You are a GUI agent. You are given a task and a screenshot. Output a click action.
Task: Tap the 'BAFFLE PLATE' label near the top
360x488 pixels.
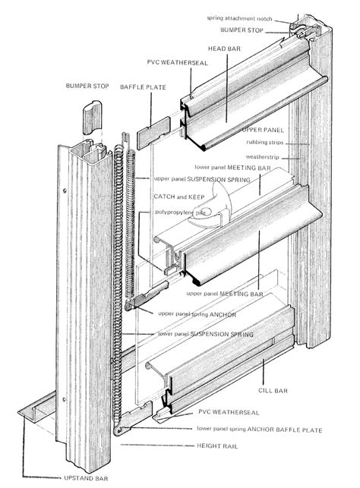pos(137,88)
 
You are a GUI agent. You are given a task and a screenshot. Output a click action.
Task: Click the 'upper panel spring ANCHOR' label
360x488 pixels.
pos(200,312)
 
